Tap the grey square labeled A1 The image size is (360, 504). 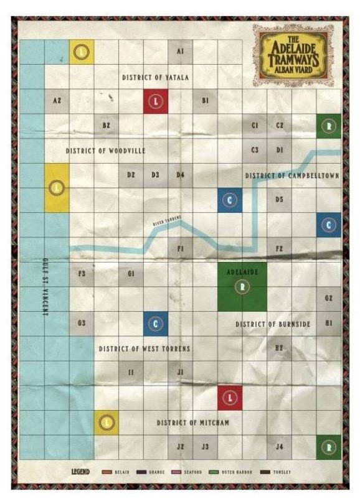[x=180, y=52]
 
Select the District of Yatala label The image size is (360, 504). [x=155, y=77]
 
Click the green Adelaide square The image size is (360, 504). [x=242, y=286]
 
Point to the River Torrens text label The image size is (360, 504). [x=168, y=220]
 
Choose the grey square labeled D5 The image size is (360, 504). [x=280, y=199]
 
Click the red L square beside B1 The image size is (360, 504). [x=156, y=101]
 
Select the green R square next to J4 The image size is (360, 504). [x=329, y=447]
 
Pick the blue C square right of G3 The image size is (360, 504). [x=156, y=324]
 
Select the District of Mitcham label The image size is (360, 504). [x=193, y=422]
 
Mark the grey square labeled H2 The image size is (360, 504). [x=280, y=348]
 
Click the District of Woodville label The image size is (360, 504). [x=105, y=151]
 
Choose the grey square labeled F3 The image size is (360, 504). [x=82, y=274]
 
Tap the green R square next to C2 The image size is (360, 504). [x=329, y=125]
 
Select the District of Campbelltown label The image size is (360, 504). [x=292, y=175]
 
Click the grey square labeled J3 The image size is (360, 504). [x=205, y=447]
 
